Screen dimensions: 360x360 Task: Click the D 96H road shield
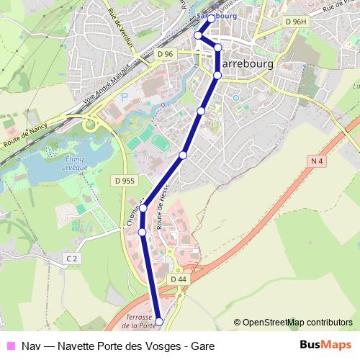pos(295,22)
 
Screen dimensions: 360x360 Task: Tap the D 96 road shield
pos(165,54)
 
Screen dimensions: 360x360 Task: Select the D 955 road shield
pos(125,181)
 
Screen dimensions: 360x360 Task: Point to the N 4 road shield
pos(318,161)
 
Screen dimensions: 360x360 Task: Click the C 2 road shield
pos(71,258)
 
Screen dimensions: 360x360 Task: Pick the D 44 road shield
pos(179,279)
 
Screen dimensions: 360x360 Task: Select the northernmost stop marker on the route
pos(211,19)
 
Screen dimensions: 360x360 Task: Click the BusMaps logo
pos(325,345)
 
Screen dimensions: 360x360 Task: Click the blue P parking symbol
pos(124,95)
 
